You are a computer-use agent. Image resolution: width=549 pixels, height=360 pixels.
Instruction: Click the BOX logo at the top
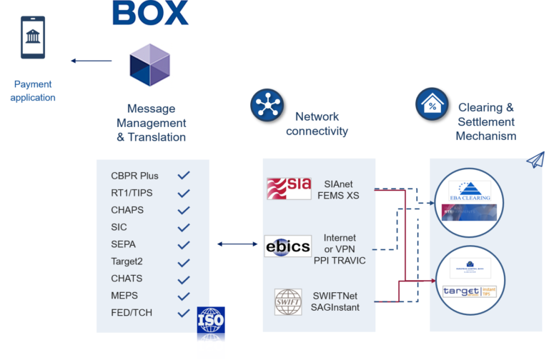point(150,13)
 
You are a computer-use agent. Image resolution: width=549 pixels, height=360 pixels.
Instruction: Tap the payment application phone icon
point(32,39)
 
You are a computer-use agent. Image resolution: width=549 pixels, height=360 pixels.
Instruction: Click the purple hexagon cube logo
point(150,65)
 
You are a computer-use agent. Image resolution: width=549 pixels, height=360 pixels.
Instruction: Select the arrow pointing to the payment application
point(91,61)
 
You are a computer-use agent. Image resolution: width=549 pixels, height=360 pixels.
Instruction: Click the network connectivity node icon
point(267,104)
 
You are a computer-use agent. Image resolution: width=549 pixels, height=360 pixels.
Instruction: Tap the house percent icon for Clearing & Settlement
point(432,104)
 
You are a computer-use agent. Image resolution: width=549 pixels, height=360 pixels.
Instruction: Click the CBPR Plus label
point(134,176)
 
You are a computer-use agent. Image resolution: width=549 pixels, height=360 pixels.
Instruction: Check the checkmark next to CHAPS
point(184,210)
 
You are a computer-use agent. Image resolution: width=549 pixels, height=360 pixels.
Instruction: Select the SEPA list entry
point(123,244)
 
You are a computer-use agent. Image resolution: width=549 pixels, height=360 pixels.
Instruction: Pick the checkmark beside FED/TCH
point(184,313)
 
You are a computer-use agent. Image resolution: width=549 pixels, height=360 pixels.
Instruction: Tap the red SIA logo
point(289,189)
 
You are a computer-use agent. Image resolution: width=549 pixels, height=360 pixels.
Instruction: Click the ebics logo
point(288,246)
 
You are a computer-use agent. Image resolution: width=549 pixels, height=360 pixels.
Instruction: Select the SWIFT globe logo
point(289,301)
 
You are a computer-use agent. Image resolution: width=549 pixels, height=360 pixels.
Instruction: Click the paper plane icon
point(535,160)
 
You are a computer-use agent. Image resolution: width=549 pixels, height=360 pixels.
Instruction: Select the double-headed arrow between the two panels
point(237,244)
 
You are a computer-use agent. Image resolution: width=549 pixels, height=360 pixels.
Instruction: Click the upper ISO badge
point(210,321)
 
